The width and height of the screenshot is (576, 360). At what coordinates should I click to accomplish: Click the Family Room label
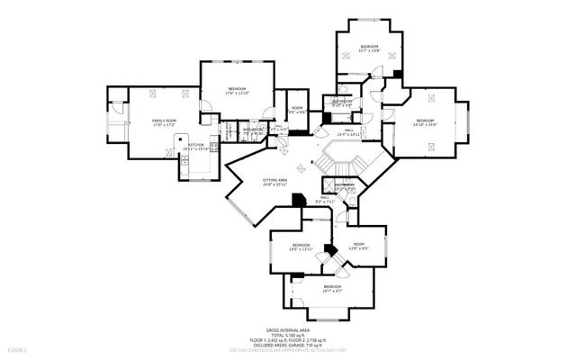click(164, 121)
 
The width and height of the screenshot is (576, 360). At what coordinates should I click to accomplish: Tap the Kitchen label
click(196, 145)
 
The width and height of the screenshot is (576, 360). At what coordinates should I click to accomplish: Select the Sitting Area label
click(275, 180)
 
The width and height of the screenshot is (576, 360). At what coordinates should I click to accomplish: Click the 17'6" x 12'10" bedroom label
click(237, 88)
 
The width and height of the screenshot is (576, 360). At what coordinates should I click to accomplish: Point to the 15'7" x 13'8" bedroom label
click(369, 47)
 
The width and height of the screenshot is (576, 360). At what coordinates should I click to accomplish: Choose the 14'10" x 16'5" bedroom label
click(425, 121)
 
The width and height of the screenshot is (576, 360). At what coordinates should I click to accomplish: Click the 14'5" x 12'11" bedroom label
click(300, 246)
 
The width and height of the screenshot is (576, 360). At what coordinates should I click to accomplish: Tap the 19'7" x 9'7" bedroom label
click(332, 288)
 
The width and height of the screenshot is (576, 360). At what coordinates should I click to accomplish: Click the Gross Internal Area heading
click(287, 330)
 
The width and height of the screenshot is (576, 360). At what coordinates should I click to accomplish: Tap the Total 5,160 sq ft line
click(287, 336)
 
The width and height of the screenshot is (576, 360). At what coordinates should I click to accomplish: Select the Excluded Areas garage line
click(287, 345)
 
